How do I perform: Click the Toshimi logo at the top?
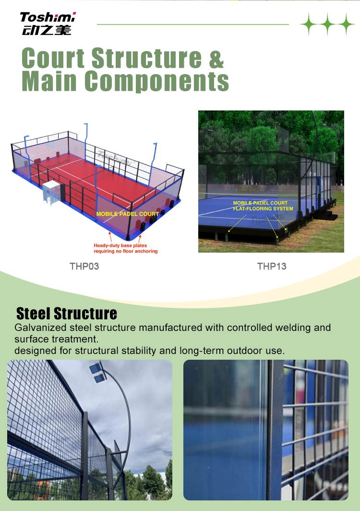[x=48, y=24]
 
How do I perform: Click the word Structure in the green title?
[x=146, y=58]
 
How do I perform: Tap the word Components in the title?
[x=156, y=81]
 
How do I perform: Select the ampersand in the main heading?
[x=216, y=59]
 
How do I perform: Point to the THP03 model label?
[x=84, y=266]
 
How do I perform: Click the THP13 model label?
[x=272, y=266]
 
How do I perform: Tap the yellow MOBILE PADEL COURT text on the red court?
[x=127, y=214]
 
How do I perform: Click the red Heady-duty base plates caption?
[x=126, y=248]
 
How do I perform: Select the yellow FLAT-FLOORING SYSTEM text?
[x=263, y=208]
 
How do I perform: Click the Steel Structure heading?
[x=66, y=314]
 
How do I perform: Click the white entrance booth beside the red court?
[x=51, y=193]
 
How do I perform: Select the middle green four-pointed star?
[x=327, y=24]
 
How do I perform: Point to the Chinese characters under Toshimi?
[x=46, y=30]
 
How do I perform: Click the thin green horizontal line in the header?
[x=193, y=24]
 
